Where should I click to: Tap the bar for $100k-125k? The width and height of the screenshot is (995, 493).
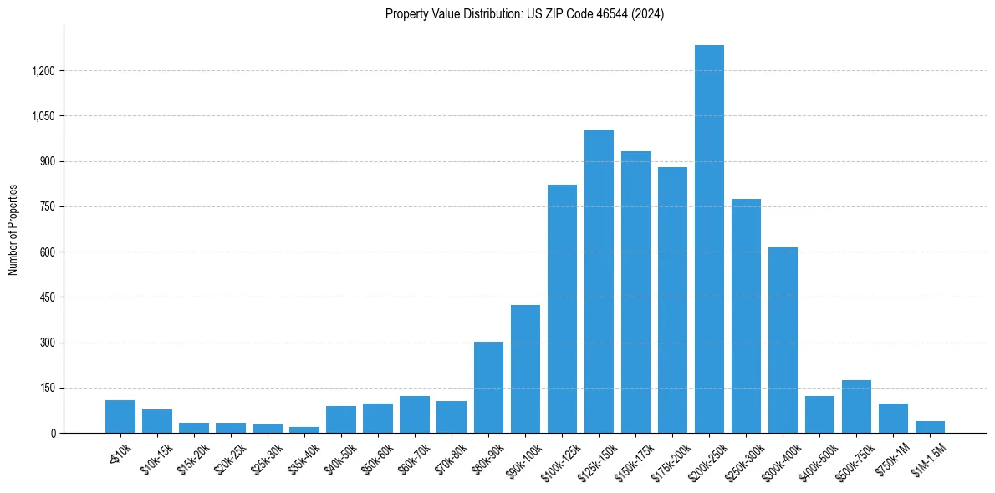point(562,309)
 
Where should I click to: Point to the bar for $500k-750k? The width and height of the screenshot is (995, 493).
point(856,407)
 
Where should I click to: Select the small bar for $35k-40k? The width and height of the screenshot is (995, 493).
point(304,429)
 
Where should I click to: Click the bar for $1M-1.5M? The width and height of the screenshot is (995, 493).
point(930,427)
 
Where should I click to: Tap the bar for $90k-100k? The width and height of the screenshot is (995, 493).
point(525,368)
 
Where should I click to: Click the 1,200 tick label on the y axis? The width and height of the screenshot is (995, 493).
point(43,71)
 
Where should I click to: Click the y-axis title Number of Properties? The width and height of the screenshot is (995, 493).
point(13,230)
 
